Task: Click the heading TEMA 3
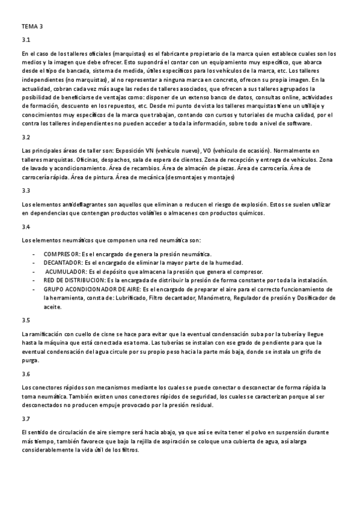32,27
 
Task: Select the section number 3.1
25,40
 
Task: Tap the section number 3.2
25,137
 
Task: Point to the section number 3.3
25,191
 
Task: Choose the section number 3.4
25,227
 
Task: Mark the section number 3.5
25,320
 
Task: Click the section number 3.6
25,373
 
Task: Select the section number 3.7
25,419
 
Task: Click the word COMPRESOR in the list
63,254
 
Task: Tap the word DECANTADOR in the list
64,263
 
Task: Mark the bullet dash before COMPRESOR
33,254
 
